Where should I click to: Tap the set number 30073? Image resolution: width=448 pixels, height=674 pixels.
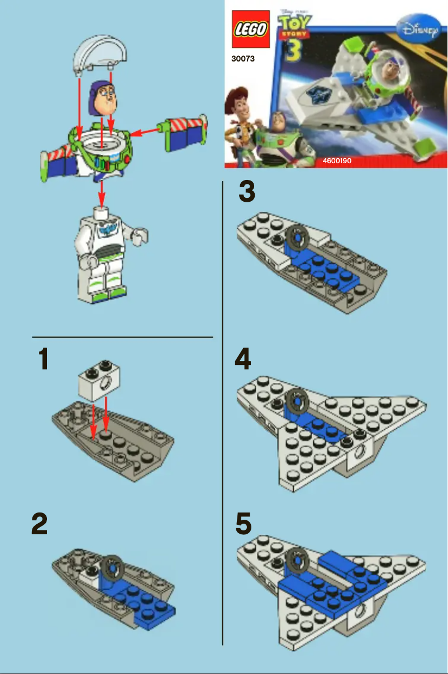[243, 58]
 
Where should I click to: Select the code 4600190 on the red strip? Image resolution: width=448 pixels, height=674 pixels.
[337, 161]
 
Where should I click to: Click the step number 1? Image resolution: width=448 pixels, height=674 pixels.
[43, 360]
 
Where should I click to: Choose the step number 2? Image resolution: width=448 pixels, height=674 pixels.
[39, 524]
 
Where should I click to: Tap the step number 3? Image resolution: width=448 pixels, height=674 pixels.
[246, 192]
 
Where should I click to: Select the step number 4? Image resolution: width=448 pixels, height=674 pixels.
[242, 360]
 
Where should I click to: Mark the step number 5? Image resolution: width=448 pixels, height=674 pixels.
[244, 524]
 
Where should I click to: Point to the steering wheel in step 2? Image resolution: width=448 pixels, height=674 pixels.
[113, 568]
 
